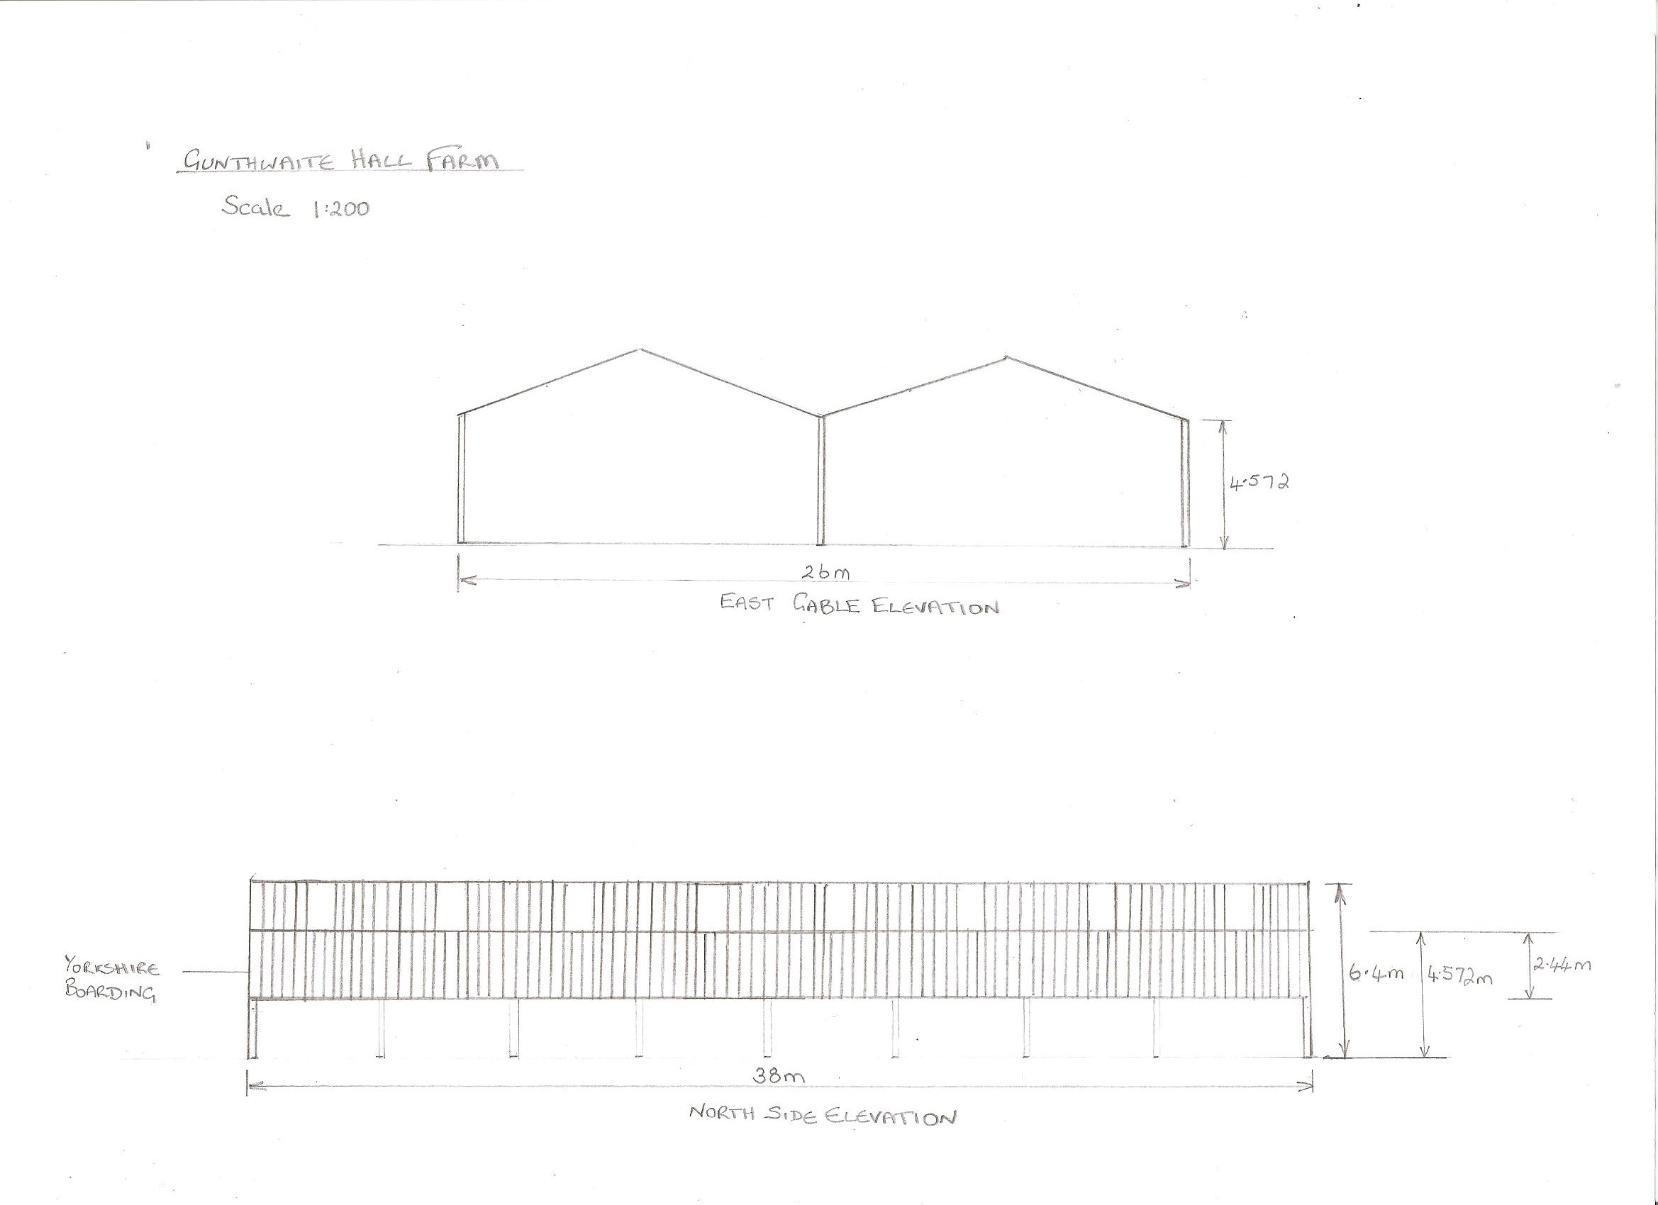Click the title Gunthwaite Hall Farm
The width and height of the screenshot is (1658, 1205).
pos(341,160)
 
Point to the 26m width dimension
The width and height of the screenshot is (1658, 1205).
pos(825,573)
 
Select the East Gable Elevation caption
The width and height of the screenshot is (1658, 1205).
pos(859,605)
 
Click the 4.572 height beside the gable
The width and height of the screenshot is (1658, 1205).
pos(1259,482)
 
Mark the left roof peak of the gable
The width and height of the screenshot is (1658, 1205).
pos(641,349)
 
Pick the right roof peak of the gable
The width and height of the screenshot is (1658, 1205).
pos(1006,357)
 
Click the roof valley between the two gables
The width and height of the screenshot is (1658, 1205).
pos(821,417)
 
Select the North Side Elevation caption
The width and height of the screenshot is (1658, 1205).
pos(823,1116)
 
